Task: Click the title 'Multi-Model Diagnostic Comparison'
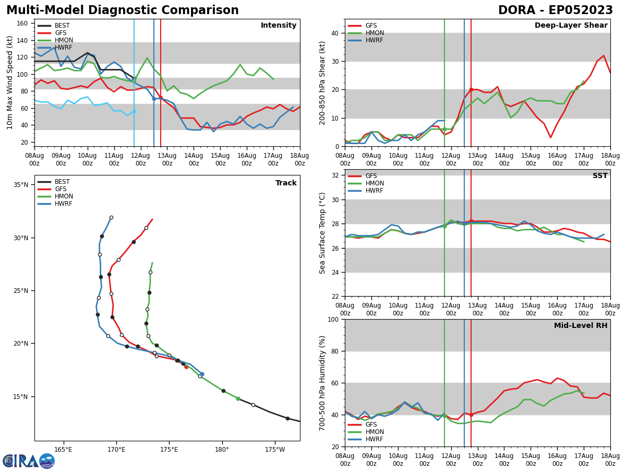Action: (x=123, y=10)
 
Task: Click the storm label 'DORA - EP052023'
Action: (x=555, y=10)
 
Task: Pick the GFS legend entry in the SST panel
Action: (x=371, y=176)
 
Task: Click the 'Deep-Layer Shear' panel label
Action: (x=571, y=26)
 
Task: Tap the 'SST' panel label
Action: (x=599, y=176)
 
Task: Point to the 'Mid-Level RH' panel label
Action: (x=580, y=326)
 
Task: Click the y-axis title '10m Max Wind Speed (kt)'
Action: (x=10, y=82)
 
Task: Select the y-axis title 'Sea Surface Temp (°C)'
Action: (x=322, y=233)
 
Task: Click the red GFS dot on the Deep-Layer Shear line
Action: (x=471, y=90)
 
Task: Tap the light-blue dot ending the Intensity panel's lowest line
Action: (x=134, y=111)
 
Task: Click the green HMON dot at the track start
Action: (x=238, y=398)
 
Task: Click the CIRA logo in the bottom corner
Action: (x=28, y=461)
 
